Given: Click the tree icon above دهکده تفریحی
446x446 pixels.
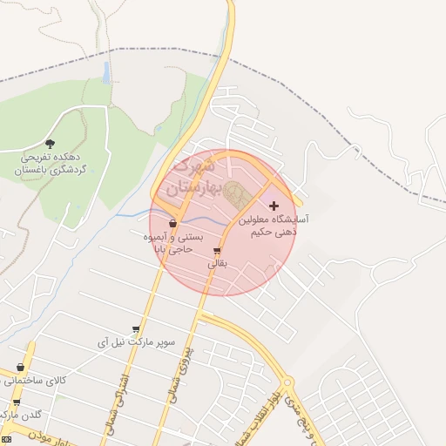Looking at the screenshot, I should (x=50, y=143).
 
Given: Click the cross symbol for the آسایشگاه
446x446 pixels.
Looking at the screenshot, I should (x=274, y=206).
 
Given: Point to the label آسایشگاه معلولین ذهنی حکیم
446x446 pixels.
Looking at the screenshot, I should (x=272, y=226).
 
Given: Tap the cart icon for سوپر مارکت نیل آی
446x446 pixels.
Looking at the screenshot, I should (x=136, y=329).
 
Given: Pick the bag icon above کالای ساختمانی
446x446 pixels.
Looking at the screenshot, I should (x=21, y=368).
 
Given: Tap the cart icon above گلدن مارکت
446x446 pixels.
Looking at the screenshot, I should (x=17, y=402).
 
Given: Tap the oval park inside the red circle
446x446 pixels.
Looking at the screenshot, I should (x=236, y=192).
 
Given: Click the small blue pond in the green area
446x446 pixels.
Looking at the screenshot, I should (x=106, y=73).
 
